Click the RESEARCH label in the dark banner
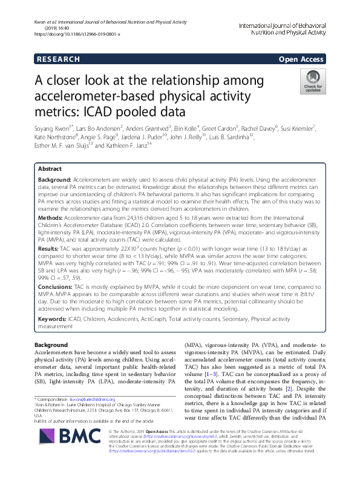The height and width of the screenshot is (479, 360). [58, 59]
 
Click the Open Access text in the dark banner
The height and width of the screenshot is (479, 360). [301, 59]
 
